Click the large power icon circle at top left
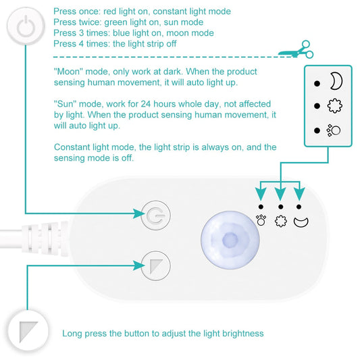tap(25, 27)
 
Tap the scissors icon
tap(298, 50)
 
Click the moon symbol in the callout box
tap(336, 82)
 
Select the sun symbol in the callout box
tap(336, 106)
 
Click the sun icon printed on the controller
tap(280, 220)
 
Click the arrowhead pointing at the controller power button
tap(137, 215)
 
